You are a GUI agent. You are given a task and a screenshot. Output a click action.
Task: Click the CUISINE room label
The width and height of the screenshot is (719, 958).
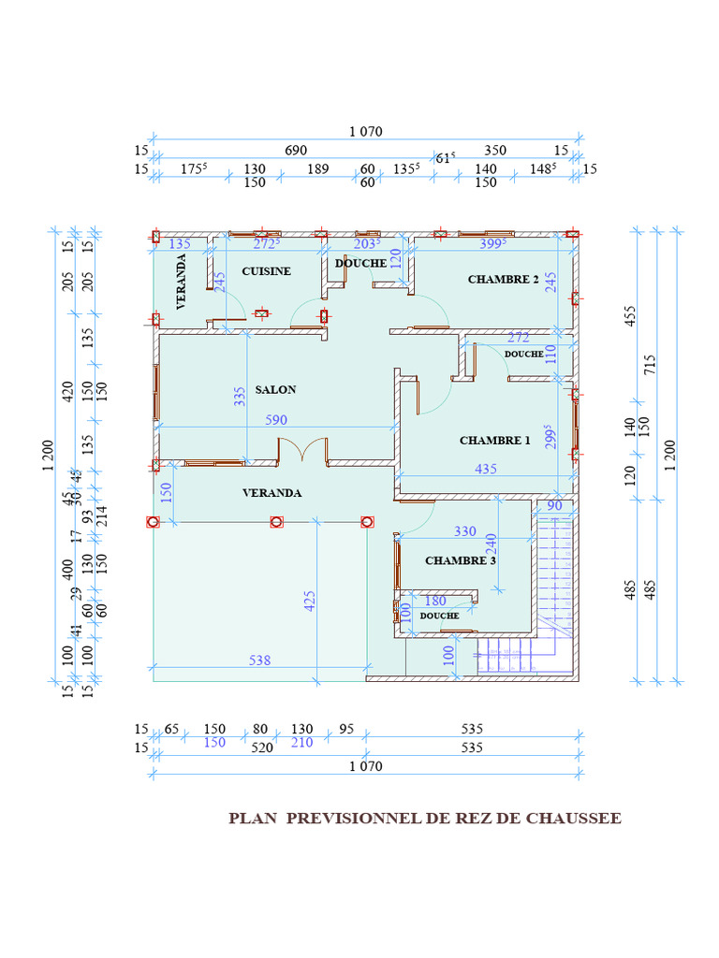tap(267, 271)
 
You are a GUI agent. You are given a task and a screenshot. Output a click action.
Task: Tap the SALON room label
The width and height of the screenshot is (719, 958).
tap(275, 390)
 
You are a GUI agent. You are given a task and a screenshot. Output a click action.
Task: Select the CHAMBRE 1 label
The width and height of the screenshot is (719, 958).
tap(494, 441)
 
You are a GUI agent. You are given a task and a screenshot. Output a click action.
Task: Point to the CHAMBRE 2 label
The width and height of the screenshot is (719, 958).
tap(504, 280)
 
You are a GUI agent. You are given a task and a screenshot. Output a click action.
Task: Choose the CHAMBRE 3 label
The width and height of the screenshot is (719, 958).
tap(460, 561)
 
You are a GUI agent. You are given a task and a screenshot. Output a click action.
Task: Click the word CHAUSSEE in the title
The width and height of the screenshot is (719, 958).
tap(573, 819)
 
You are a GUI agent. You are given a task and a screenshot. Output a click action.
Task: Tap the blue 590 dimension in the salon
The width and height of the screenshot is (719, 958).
tap(276, 420)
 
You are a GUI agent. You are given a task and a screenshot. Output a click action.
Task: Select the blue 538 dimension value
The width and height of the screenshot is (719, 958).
tap(259, 660)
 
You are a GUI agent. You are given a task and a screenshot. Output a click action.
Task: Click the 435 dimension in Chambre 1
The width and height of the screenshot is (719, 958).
tap(486, 470)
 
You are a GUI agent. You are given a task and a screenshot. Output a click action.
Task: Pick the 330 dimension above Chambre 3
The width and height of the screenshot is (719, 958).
tap(465, 531)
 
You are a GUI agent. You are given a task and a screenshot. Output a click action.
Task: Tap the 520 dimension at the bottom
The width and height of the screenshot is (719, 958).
tap(261, 748)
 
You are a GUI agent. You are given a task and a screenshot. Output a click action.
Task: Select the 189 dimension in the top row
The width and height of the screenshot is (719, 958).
tap(318, 169)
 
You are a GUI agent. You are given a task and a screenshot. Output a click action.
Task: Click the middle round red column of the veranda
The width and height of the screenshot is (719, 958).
tap(276, 522)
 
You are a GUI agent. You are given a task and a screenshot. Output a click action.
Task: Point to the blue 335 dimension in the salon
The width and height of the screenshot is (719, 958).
tap(240, 397)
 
